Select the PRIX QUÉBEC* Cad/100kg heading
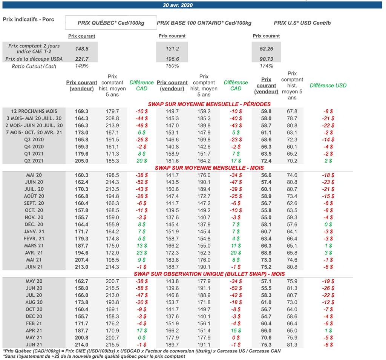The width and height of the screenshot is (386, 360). pyautogui.click(x=110, y=23)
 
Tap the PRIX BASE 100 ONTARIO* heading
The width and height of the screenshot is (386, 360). pyautogui.click(x=204, y=23)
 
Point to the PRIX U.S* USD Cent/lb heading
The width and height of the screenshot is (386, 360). pyautogui.click(x=302, y=23)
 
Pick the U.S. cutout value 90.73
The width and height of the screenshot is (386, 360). pyautogui.click(x=266, y=59)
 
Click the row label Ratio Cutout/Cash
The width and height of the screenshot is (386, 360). pyautogui.click(x=34, y=66)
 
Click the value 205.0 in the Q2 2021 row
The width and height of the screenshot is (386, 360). pyautogui.click(x=81, y=161)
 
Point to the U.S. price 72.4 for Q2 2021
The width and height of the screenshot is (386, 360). pyautogui.click(x=266, y=161)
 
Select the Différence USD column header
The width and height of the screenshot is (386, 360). pyautogui.click(x=328, y=86)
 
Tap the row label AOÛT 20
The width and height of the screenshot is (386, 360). pyautogui.click(x=34, y=196)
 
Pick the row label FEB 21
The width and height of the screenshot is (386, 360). pyautogui.click(x=34, y=323)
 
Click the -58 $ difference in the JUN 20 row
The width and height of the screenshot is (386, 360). pyautogui.click(x=141, y=288)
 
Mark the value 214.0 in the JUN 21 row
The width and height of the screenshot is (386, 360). pyautogui.click(x=81, y=345)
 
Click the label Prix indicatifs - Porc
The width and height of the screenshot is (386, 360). pyautogui.click(x=28, y=19)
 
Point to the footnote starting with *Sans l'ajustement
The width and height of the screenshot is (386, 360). pyautogui.click(x=94, y=356)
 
